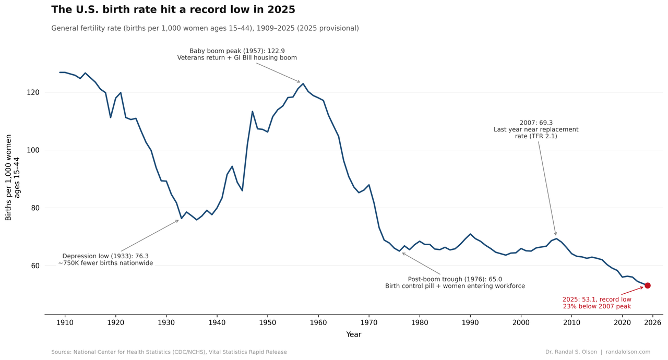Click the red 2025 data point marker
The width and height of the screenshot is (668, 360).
point(648,285)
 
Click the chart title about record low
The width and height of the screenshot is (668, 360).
point(173,9)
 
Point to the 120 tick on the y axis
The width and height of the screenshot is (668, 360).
point(33,92)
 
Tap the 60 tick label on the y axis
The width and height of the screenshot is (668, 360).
point(35,266)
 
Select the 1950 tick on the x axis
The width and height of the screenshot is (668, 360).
point(268,323)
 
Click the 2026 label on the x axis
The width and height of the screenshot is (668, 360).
point(653,323)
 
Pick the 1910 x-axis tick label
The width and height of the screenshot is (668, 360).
point(65,323)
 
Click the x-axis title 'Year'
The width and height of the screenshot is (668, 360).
point(354,334)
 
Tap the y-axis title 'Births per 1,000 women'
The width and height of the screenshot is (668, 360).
point(8,177)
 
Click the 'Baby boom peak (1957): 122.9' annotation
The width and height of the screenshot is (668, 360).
point(237,51)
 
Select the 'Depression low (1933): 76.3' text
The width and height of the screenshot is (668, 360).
point(105,256)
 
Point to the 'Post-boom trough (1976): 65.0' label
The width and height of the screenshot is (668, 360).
point(455,279)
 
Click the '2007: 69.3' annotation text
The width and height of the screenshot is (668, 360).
point(536,123)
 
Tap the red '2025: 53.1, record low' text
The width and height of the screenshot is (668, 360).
point(597,299)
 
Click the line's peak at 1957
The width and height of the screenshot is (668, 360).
point(303,83)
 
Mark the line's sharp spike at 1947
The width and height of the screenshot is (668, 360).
point(252,112)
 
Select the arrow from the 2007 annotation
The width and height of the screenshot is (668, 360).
point(547,188)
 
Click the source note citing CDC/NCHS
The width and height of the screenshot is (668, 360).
point(169,352)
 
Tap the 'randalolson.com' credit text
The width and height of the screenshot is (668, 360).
point(628,352)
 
